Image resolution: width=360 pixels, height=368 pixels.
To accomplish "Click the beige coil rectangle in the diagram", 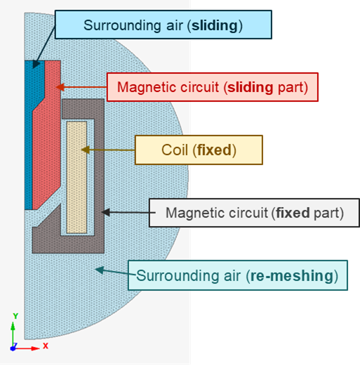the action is coord(76,177).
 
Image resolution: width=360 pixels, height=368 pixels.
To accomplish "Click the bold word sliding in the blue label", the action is coord(215,25).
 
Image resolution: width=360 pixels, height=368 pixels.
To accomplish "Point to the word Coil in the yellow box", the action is coord(175,150).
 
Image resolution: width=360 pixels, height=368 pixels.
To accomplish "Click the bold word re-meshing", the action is coord(292,276).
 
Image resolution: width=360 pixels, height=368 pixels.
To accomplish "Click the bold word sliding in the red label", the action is coord(251,87).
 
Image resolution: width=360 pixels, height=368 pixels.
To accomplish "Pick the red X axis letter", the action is coord(46,346).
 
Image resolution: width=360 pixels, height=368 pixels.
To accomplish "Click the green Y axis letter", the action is coord(15,316).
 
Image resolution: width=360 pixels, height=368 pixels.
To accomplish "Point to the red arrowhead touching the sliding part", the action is coord(60,87).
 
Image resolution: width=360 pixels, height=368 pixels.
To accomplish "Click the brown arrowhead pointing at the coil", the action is coord(86,150).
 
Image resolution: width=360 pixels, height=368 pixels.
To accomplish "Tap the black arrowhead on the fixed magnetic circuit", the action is coord(106,212).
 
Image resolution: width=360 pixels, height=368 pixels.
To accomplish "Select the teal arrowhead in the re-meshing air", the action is coord(100,270).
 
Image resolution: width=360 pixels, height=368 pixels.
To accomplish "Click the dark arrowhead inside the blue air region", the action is coord(36,64).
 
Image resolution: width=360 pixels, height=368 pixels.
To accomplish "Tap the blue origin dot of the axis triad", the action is coord(13,348).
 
